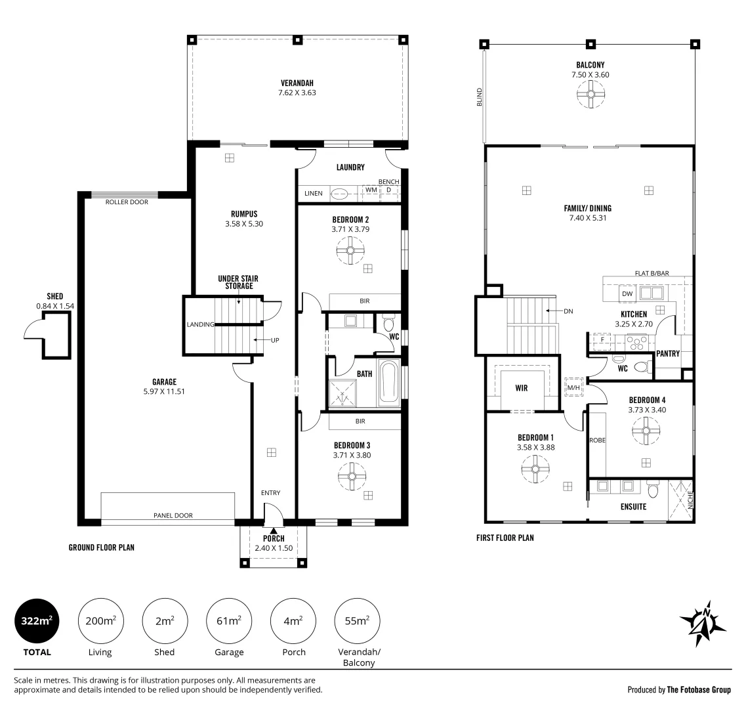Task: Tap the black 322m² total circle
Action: pos(37,621)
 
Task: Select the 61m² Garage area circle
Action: pos(229,621)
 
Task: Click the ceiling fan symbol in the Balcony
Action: pos(591,94)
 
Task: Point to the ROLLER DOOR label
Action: pos(127,202)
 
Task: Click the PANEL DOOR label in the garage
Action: pos(173,515)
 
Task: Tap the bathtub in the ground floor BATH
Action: pos(388,384)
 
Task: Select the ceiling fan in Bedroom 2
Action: pos(350,251)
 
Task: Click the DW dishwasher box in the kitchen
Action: pos(627,294)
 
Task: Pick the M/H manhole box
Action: pos(574,387)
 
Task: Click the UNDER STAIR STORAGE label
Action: pos(238,282)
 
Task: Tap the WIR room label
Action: pos(522,388)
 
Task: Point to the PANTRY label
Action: pos(668,353)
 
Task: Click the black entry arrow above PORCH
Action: pos(274,531)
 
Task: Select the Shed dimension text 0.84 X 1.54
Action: pos(55,306)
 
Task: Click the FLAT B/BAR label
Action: pos(652,273)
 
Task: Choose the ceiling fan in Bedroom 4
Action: pos(646,431)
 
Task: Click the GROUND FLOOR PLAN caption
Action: pos(101,548)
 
